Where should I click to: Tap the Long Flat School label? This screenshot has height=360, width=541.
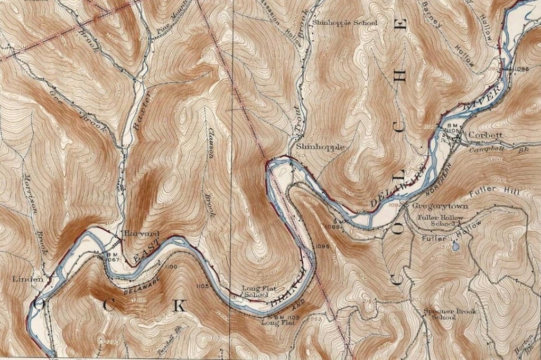256,291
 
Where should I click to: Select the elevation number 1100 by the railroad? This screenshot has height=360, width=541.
171,268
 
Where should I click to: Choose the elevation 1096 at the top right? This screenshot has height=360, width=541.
520,69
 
